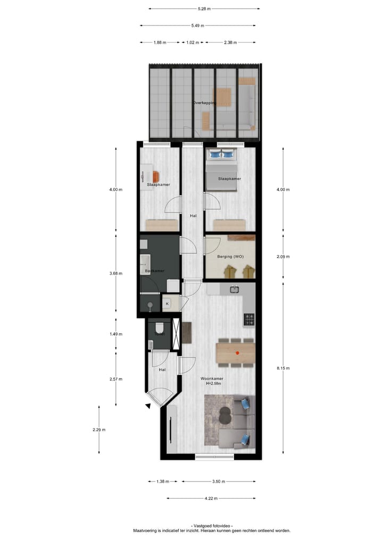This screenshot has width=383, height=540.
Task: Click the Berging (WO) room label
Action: coord(230,257)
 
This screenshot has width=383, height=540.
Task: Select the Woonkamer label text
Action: coord(212,379)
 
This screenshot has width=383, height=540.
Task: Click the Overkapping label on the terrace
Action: coord(205,103)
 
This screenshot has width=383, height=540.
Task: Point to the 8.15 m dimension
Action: coord(283,367)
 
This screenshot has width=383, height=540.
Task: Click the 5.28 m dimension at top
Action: coord(204,9)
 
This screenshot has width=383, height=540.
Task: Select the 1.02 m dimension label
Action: coord(192,42)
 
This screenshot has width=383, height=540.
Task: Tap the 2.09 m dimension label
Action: coord(283,256)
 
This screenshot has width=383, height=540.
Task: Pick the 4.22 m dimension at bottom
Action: coord(211,498)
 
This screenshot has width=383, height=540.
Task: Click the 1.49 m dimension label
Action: coord(116,334)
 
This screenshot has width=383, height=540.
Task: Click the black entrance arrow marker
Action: coord(148,406)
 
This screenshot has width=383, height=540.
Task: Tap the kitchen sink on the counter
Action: coord(234,289)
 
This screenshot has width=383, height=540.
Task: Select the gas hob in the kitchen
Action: coord(249,319)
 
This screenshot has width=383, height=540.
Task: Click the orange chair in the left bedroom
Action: coord(156,176)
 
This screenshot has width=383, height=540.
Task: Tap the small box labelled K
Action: coord(167,304)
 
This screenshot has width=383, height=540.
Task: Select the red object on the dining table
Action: coord(237,352)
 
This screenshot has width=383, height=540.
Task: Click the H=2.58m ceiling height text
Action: coord(212,384)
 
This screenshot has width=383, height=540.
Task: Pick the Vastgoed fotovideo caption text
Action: coord(211,525)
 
